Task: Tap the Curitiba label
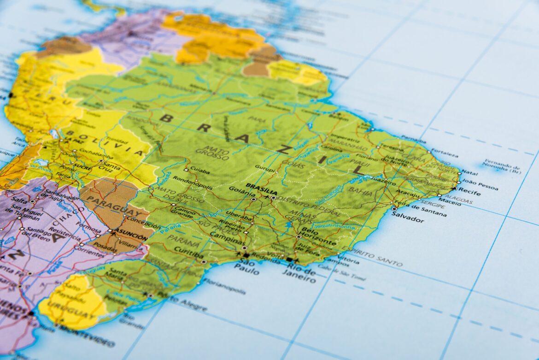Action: [x=189, y=254]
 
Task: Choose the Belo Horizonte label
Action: [x=318, y=236]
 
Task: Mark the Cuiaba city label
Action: [x=199, y=171]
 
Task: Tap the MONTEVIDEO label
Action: [x=86, y=335]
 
